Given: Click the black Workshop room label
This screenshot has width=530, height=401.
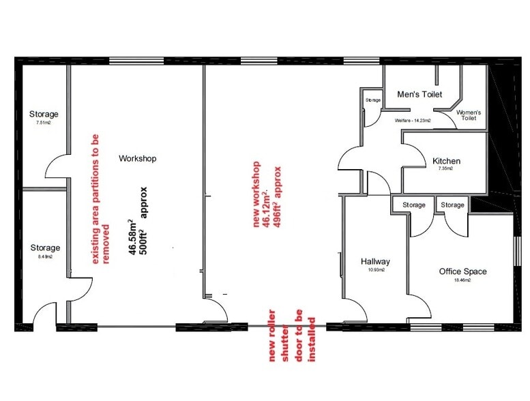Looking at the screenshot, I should [x=138, y=158].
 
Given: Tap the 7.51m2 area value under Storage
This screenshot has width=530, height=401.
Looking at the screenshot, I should [x=44, y=123].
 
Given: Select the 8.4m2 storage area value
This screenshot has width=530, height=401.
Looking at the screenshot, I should [x=44, y=256].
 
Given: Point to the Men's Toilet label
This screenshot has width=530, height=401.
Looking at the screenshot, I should [x=419, y=94].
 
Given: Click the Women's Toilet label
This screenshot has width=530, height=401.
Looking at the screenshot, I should [x=469, y=115].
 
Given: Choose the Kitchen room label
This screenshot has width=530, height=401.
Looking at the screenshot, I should [x=446, y=161].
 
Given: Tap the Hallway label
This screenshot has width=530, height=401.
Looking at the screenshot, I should [x=375, y=261].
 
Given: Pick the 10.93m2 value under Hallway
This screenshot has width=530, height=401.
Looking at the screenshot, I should [x=375, y=270].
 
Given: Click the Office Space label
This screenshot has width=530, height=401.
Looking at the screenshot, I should [x=462, y=271].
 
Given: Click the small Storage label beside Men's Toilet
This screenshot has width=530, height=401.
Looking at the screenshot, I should [x=372, y=100].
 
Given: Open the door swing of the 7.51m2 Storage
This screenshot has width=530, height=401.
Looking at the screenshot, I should [x=55, y=166].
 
